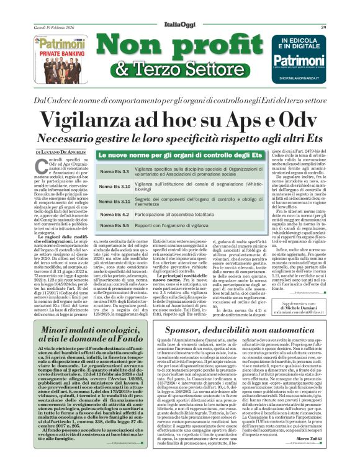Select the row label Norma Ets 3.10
point(114,186)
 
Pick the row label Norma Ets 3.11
point(114,202)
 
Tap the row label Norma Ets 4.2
point(112,215)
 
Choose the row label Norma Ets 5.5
point(112,225)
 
